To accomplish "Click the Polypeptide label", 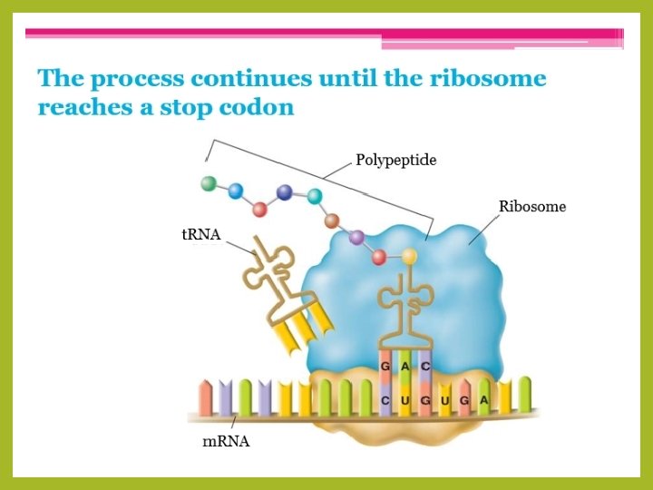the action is (x=395, y=161).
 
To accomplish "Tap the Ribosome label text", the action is (x=532, y=207).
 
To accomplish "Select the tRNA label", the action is (x=201, y=235).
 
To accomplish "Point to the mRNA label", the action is (x=225, y=442).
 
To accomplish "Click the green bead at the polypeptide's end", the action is (x=210, y=183).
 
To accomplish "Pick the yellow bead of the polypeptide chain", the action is (x=409, y=257).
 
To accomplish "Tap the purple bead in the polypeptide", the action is (x=356, y=238).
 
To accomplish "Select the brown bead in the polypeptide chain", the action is (x=332, y=220).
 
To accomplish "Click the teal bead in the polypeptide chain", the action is (x=315, y=195).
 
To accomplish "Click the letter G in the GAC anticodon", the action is (x=385, y=365).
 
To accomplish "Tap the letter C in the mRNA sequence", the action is (x=385, y=400).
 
